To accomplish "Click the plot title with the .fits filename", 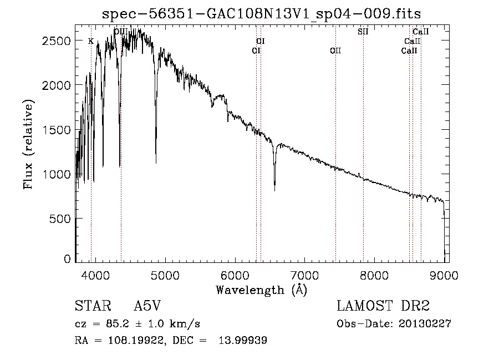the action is [x=261, y=14].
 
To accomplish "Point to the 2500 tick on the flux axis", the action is [x=56, y=40].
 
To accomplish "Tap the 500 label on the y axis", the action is [x=60, y=219].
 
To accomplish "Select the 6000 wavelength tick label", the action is [x=235, y=275].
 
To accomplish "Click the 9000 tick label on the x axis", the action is [x=444, y=275].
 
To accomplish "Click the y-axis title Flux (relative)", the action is [x=28, y=145].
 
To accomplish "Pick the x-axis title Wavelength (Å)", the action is [x=262, y=290].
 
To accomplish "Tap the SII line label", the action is [x=363, y=32].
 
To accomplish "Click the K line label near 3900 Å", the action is [x=91, y=41].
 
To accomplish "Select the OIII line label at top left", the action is [x=121, y=32].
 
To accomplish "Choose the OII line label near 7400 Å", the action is [x=335, y=50].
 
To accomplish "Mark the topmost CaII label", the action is [x=421, y=32].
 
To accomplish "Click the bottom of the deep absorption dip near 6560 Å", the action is [x=274, y=190].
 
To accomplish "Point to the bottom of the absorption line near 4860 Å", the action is [x=156, y=163].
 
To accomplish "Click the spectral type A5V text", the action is [x=147, y=306].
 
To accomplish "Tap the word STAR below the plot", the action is [x=93, y=306].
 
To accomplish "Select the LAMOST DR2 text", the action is [x=383, y=306].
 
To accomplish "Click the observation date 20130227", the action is [x=425, y=324].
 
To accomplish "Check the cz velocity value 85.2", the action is [x=118, y=324].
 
